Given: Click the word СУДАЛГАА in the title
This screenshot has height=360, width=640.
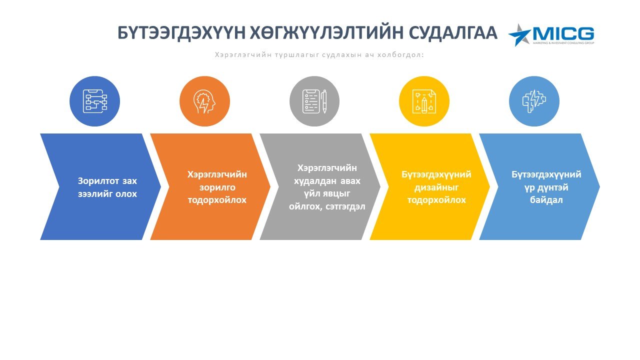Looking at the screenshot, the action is tap(454, 33).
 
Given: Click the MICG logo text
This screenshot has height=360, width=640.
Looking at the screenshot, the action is tap(563, 34).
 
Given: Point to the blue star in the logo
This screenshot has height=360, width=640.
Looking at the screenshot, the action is tap(519, 35).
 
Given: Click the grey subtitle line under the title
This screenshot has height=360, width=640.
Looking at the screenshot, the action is tap(319, 54).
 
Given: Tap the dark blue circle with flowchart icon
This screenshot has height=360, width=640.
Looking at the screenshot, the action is tap(94, 101).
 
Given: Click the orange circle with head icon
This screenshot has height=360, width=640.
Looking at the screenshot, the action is tap(204, 101).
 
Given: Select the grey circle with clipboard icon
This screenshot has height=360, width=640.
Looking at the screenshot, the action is tap(314, 101).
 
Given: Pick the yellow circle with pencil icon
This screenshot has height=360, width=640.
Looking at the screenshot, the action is tap(424, 101).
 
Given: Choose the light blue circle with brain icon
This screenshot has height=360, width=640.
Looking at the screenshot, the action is tap(534, 101).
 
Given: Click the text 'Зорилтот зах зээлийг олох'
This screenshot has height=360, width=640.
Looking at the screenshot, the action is tap(107, 187).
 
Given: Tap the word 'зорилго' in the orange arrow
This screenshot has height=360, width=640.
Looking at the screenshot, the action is tap(217, 187).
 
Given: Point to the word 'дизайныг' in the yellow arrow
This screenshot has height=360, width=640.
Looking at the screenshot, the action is tap(436, 187).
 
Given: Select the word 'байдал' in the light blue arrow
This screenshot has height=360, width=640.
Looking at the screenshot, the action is tap(546, 200).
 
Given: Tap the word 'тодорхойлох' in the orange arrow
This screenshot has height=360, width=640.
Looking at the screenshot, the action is tap(217, 200).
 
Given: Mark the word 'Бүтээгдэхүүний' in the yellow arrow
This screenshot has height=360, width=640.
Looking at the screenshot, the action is tap(436, 174).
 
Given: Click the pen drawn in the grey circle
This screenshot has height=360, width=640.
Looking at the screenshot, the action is tap(324, 101).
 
